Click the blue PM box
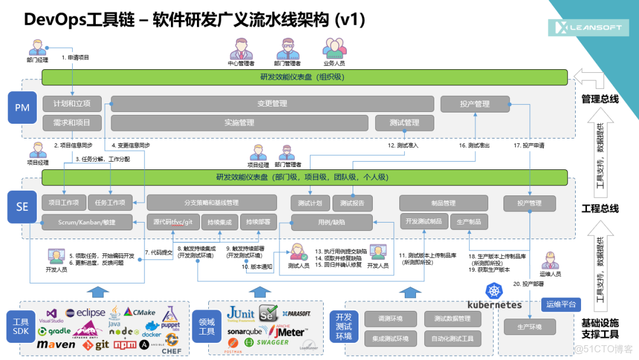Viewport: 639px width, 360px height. (22, 107)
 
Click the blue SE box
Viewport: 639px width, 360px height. (22, 206)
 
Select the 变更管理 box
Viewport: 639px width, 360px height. (272, 104)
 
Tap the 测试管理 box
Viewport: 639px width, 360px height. (404, 123)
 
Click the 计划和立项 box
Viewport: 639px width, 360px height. (72, 104)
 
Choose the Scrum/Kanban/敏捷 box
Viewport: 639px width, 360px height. (86, 222)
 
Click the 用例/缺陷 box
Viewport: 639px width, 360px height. (331, 222)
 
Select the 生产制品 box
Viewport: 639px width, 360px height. (469, 221)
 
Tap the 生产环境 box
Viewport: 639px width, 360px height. (530, 327)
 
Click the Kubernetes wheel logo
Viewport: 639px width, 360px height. (493, 291)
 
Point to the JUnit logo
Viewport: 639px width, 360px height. (241, 313)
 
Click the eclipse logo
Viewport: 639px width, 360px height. (85, 313)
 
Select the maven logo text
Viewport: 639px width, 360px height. (56, 345)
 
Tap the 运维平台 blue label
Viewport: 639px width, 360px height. (561, 305)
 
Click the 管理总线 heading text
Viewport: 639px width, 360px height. (600, 99)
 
